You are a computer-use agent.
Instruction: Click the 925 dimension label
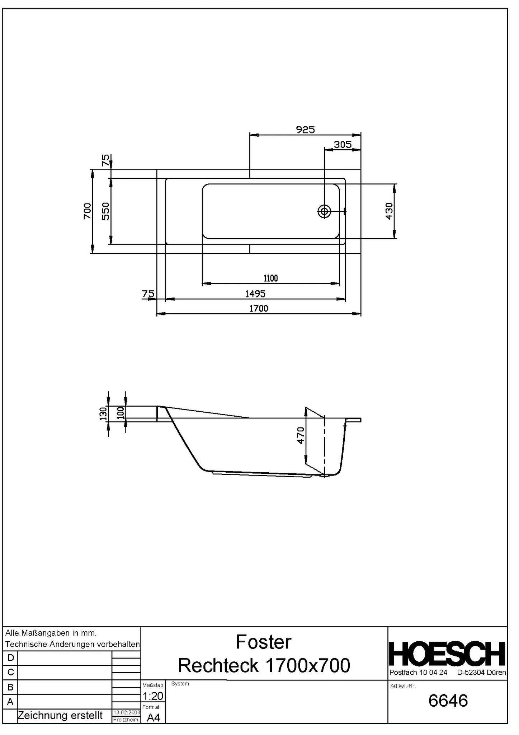[x=305, y=130]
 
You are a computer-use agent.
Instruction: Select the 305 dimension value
[x=342, y=145]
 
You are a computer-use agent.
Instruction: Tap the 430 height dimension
[x=389, y=211]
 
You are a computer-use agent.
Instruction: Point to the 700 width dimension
[x=87, y=211]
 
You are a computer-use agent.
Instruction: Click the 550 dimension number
[x=105, y=211]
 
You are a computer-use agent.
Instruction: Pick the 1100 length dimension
[x=270, y=278]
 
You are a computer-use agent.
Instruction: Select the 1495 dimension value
[x=255, y=294]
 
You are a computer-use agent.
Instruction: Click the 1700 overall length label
[x=259, y=308]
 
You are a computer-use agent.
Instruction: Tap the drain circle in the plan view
[x=324, y=211]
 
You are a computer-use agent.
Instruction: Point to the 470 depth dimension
[x=301, y=435]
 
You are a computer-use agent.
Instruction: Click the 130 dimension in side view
[x=103, y=413]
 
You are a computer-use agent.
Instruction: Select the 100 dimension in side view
[x=121, y=412]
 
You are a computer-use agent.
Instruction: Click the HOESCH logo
[x=447, y=654]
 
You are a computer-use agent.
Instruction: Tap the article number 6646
[x=448, y=701]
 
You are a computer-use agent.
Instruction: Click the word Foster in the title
[x=264, y=642]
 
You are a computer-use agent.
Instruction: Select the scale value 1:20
[x=153, y=696]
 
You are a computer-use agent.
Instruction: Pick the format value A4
[x=154, y=718]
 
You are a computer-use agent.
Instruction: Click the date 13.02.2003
[x=126, y=712]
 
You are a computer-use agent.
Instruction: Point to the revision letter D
[x=10, y=658]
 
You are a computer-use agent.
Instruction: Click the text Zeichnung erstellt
[x=60, y=716]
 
